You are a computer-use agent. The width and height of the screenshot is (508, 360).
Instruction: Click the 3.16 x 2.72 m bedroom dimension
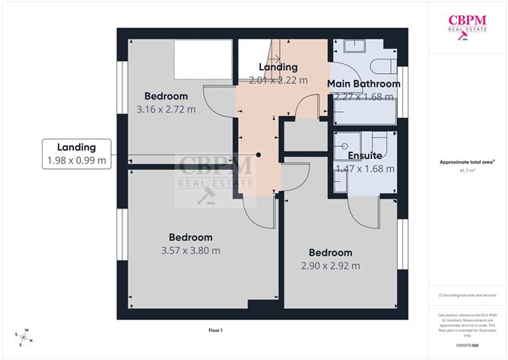click(166, 110)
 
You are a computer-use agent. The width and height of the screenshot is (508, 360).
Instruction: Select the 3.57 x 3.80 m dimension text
click(190, 250)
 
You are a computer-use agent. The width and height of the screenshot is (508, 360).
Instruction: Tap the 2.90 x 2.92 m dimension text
click(330, 266)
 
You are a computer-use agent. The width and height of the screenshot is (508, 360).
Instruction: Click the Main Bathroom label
click(364, 84)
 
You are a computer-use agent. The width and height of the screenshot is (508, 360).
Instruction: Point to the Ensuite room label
click(364, 155)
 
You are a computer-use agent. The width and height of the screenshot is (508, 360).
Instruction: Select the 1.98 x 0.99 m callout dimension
click(75, 161)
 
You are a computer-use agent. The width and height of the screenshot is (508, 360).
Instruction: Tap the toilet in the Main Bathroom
click(383, 63)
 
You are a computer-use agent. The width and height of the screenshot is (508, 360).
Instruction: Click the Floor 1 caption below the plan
click(215, 330)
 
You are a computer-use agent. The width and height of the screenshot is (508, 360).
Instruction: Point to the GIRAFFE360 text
click(468, 346)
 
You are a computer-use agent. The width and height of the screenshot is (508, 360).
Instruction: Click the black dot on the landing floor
click(259, 155)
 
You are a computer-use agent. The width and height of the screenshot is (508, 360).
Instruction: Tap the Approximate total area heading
click(467, 161)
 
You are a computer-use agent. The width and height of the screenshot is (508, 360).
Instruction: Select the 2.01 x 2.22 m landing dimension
click(278, 79)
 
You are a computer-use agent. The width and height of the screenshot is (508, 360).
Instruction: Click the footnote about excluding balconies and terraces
click(467, 295)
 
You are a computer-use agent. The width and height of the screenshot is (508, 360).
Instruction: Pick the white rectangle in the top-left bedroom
click(202, 59)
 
